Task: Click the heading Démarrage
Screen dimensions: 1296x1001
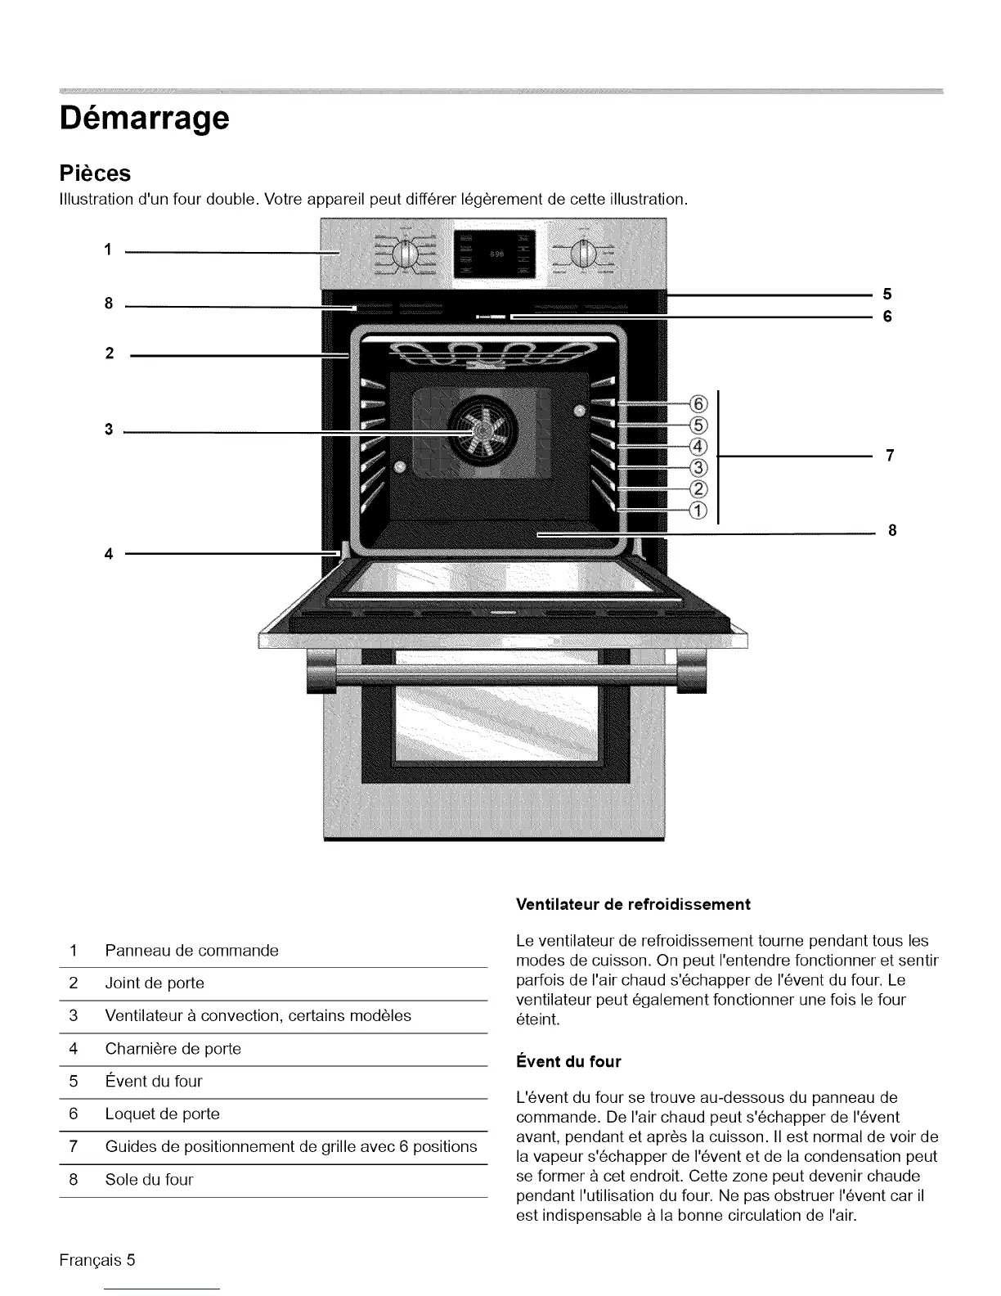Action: point(144,119)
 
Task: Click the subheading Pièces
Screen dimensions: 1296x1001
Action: point(95,173)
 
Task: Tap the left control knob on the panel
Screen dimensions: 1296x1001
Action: point(406,255)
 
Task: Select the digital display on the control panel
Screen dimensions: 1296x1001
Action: point(494,253)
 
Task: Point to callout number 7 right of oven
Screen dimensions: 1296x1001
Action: point(891,456)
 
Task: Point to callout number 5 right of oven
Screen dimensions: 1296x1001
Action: point(887,294)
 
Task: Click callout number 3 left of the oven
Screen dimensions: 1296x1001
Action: point(108,430)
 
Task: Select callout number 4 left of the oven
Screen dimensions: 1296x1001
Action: point(108,553)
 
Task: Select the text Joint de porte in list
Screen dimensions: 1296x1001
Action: point(155,983)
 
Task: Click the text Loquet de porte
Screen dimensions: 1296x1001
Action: point(162,1114)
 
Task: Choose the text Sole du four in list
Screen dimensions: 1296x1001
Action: point(149,1180)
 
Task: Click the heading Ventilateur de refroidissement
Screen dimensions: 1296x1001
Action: point(633,905)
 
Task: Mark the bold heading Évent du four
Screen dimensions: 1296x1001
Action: point(568,1062)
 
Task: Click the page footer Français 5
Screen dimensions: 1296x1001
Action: point(97,1259)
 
